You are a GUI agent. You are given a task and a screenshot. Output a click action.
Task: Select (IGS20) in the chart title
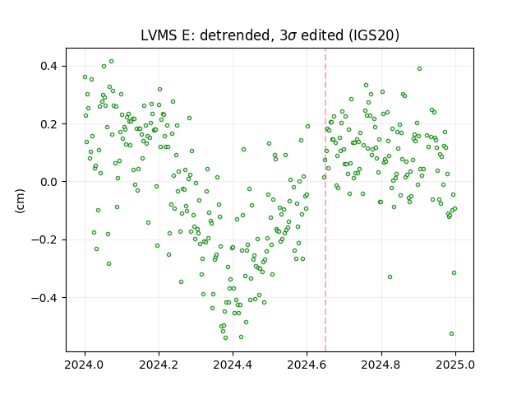click(x=373, y=35)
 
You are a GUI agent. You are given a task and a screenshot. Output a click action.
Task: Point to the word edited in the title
click(x=322, y=35)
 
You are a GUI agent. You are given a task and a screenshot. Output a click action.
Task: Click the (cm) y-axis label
click(x=20, y=201)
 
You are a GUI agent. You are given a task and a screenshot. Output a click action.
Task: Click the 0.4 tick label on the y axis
click(x=48, y=66)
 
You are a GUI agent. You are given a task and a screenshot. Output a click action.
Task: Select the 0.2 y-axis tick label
click(x=48, y=124)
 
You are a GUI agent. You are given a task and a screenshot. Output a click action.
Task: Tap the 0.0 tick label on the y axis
click(x=48, y=182)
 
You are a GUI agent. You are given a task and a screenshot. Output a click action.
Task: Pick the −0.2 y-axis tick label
click(x=44, y=239)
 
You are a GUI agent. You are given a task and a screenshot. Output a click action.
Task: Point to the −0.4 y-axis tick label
click(x=44, y=298)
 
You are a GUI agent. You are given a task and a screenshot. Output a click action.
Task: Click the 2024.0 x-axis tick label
click(x=85, y=365)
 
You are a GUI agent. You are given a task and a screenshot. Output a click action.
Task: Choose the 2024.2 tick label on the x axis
click(x=159, y=365)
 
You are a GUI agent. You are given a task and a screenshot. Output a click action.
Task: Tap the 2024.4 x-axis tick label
click(x=233, y=365)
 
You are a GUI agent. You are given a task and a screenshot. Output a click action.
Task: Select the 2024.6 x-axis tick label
click(x=307, y=365)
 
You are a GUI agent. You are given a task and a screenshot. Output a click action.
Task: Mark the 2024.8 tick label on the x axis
click(x=381, y=365)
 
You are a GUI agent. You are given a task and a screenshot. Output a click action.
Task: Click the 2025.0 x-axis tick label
click(x=455, y=365)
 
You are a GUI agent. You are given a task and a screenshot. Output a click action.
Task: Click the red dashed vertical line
click(x=325, y=200)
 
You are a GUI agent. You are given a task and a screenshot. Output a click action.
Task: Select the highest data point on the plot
click(x=112, y=62)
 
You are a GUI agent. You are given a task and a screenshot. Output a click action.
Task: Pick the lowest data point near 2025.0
click(x=451, y=333)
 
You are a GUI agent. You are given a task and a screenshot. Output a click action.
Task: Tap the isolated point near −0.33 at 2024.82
click(x=390, y=276)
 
